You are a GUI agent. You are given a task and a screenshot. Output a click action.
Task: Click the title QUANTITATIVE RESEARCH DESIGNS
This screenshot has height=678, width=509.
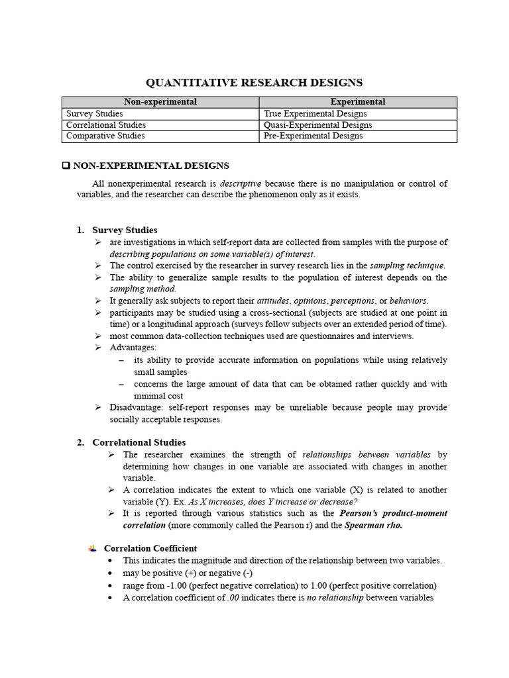[x=254, y=83]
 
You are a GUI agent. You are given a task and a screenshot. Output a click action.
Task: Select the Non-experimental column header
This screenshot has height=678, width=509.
[x=160, y=102]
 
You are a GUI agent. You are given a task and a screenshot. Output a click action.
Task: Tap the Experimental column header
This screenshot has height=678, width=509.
[x=357, y=102]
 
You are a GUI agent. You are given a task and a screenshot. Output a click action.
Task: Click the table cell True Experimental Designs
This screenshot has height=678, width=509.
[x=315, y=114]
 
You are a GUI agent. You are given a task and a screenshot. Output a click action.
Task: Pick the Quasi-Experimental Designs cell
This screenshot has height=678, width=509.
[x=317, y=125]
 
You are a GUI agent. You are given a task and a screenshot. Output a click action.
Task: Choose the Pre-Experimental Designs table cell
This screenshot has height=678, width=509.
[x=313, y=136]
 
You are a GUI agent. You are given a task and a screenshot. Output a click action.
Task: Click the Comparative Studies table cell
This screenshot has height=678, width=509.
[x=105, y=136]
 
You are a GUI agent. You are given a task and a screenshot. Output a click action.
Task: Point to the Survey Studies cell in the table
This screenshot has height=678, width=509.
[x=95, y=114]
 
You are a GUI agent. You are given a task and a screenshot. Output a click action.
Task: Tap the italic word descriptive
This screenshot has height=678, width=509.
[x=240, y=183]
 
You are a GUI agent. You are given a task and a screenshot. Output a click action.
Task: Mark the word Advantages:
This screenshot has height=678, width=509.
[x=133, y=348]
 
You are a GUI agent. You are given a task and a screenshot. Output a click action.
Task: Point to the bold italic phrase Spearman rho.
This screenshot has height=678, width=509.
[x=373, y=525]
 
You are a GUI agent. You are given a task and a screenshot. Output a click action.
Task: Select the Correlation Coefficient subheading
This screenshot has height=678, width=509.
[x=150, y=548]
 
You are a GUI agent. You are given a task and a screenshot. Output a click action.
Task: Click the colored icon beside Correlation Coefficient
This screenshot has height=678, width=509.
[x=92, y=548]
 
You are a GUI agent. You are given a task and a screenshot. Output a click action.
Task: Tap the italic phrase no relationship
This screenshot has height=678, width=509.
[x=335, y=597]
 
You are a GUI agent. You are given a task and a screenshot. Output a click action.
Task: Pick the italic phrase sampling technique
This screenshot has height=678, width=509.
[x=407, y=265]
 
